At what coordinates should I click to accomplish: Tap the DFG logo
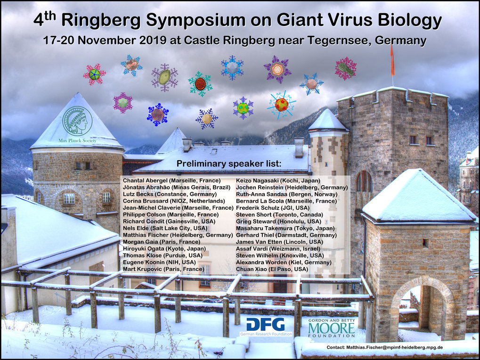click(266, 327)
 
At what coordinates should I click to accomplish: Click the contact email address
click(395, 347)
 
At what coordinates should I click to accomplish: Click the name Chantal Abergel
click(145, 180)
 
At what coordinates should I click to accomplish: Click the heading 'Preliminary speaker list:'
click(228, 164)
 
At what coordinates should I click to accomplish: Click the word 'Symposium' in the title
click(195, 20)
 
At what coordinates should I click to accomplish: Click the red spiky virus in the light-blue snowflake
click(282, 105)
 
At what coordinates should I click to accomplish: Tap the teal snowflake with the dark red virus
click(200, 83)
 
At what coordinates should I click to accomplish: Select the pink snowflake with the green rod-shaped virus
click(346, 68)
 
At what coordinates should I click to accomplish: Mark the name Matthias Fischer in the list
click(146, 235)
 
